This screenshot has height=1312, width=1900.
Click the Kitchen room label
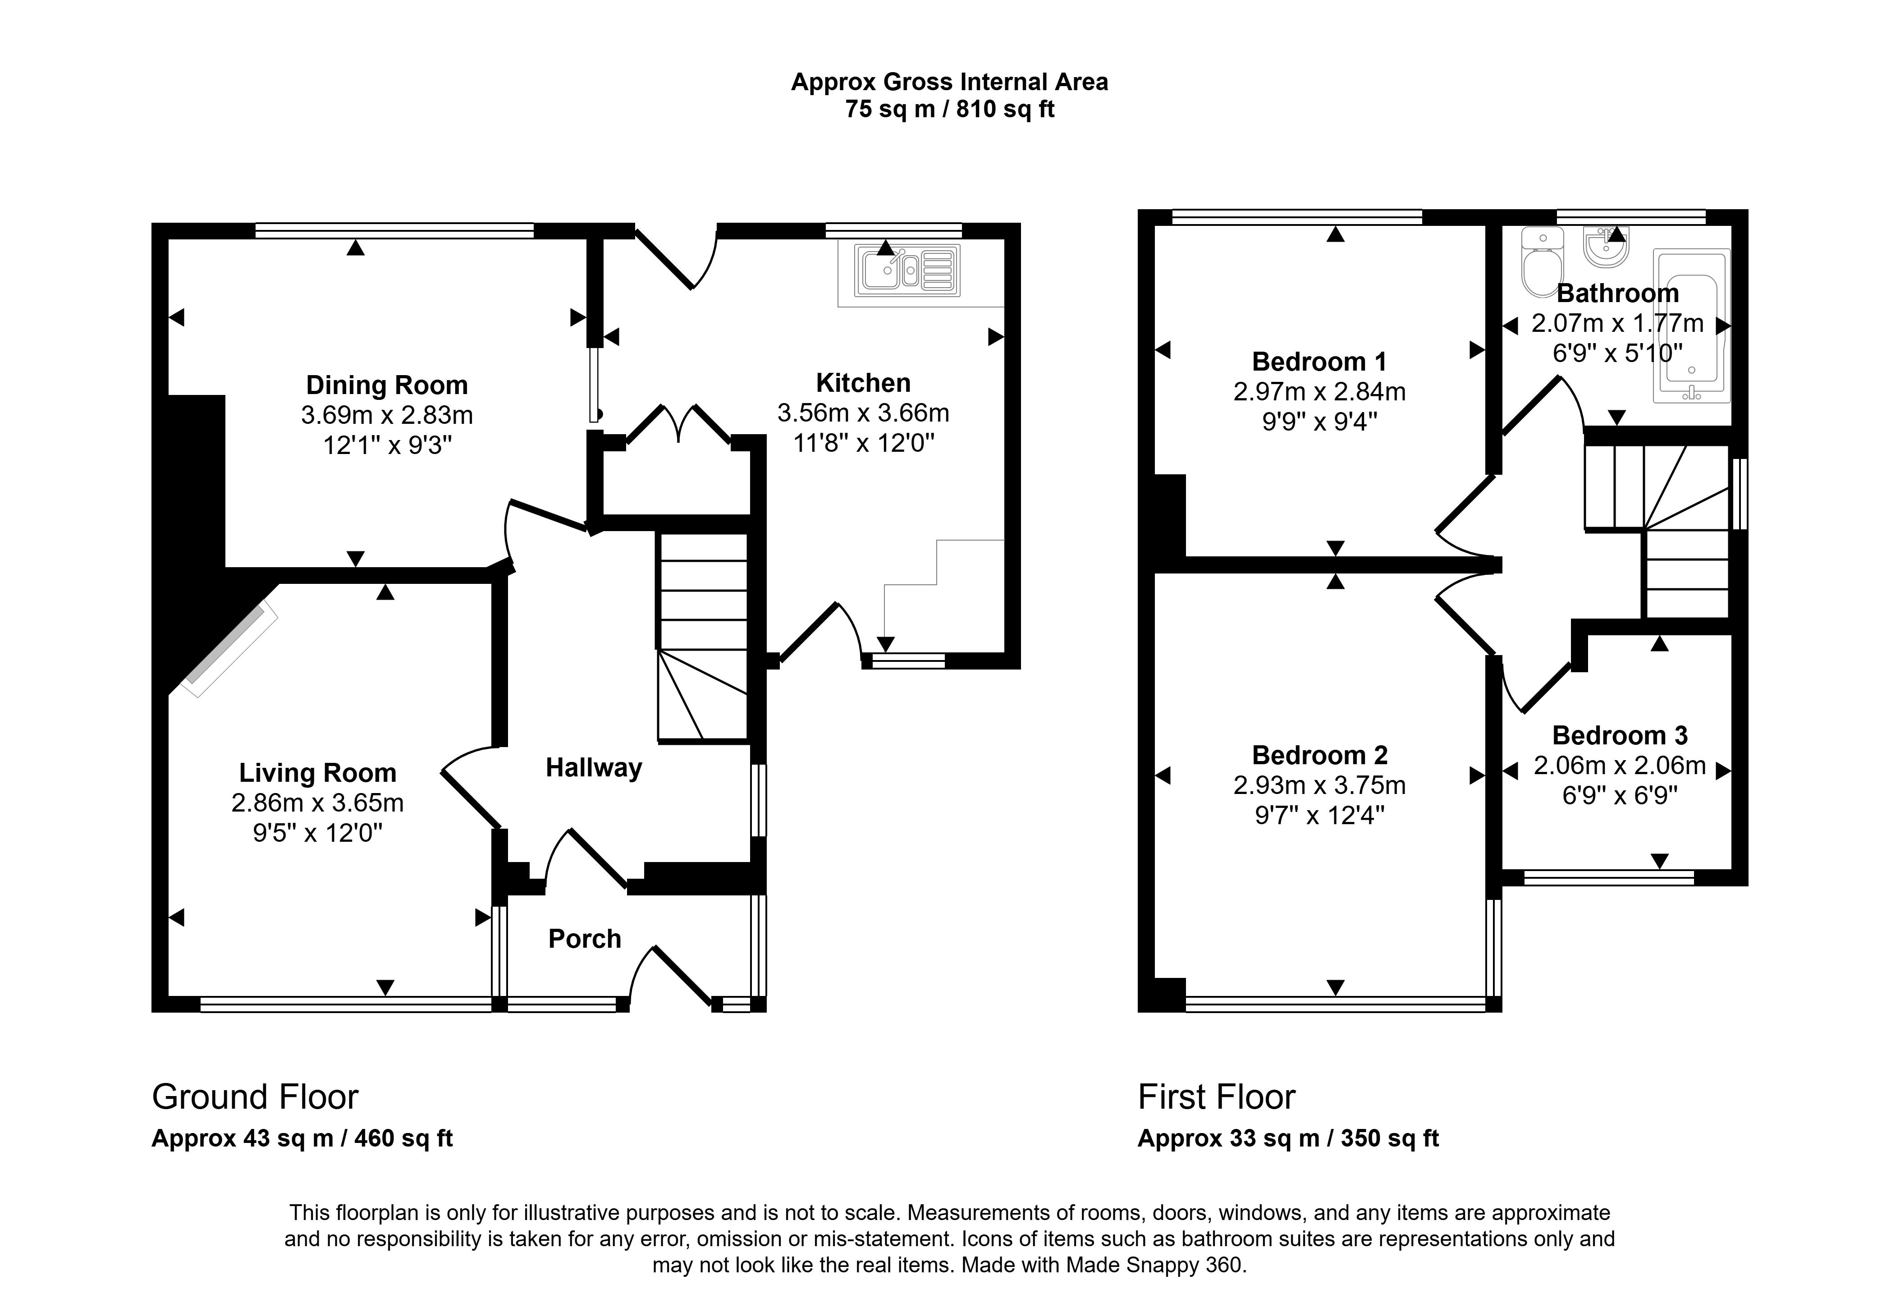point(863,383)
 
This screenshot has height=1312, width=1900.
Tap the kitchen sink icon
point(907,271)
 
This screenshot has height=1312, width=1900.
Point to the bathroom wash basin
point(1606,247)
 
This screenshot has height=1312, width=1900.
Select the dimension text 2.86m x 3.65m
point(317,803)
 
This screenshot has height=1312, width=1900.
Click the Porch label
point(584,939)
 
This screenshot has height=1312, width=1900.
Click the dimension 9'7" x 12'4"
point(1319,816)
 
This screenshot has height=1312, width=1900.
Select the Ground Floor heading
point(255,1097)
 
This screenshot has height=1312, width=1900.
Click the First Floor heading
point(1216,1097)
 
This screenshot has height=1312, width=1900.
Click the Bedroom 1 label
point(1319,362)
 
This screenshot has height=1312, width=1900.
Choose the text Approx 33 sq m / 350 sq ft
point(1288,1138)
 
